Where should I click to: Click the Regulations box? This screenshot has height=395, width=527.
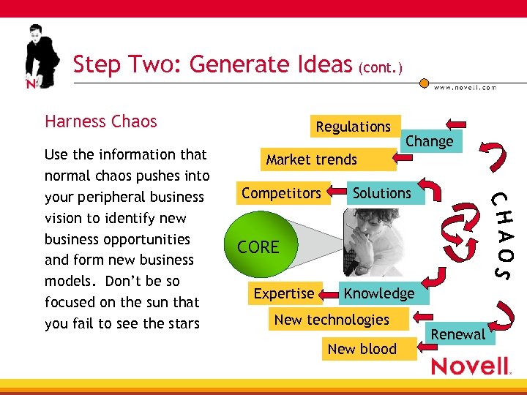pyautogui.click(x=354, y=127)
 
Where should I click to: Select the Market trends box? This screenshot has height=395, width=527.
pyautogui.click(x=312, y=159)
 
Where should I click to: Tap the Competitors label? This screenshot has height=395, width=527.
pyautogui.click(x=282, y=193)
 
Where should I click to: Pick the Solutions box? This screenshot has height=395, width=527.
pyautogui.click(x=381, y=193)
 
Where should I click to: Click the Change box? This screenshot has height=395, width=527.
pyautogui.click(x=430, y=141)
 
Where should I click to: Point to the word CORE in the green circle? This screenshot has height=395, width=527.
pyautogui.click(x=258, y=247)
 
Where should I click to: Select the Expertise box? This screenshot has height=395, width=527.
pyautogui.click(x=283, y=293)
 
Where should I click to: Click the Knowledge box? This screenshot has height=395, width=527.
pyautogui.click(x=379, y=293)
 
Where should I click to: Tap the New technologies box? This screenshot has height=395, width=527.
pyautogui.click(x=332, y=320)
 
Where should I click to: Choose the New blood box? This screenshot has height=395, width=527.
pyautogui.click(x=362, y=349)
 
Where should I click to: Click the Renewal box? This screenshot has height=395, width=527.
pyautogui.click(x=458, y=334)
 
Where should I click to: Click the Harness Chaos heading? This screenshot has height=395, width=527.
pyautogui.click(x=101, y=121)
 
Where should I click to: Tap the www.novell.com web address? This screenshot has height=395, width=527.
pyautogui.click(x=465, y=87)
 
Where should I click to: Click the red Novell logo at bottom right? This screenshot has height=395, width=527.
pyautogui.click(x=470, y=366)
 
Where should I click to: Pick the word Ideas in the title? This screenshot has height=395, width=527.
pyautogui.click(x=319, y=64)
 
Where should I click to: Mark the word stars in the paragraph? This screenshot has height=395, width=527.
pyautogui.click(x=182, y=323)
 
